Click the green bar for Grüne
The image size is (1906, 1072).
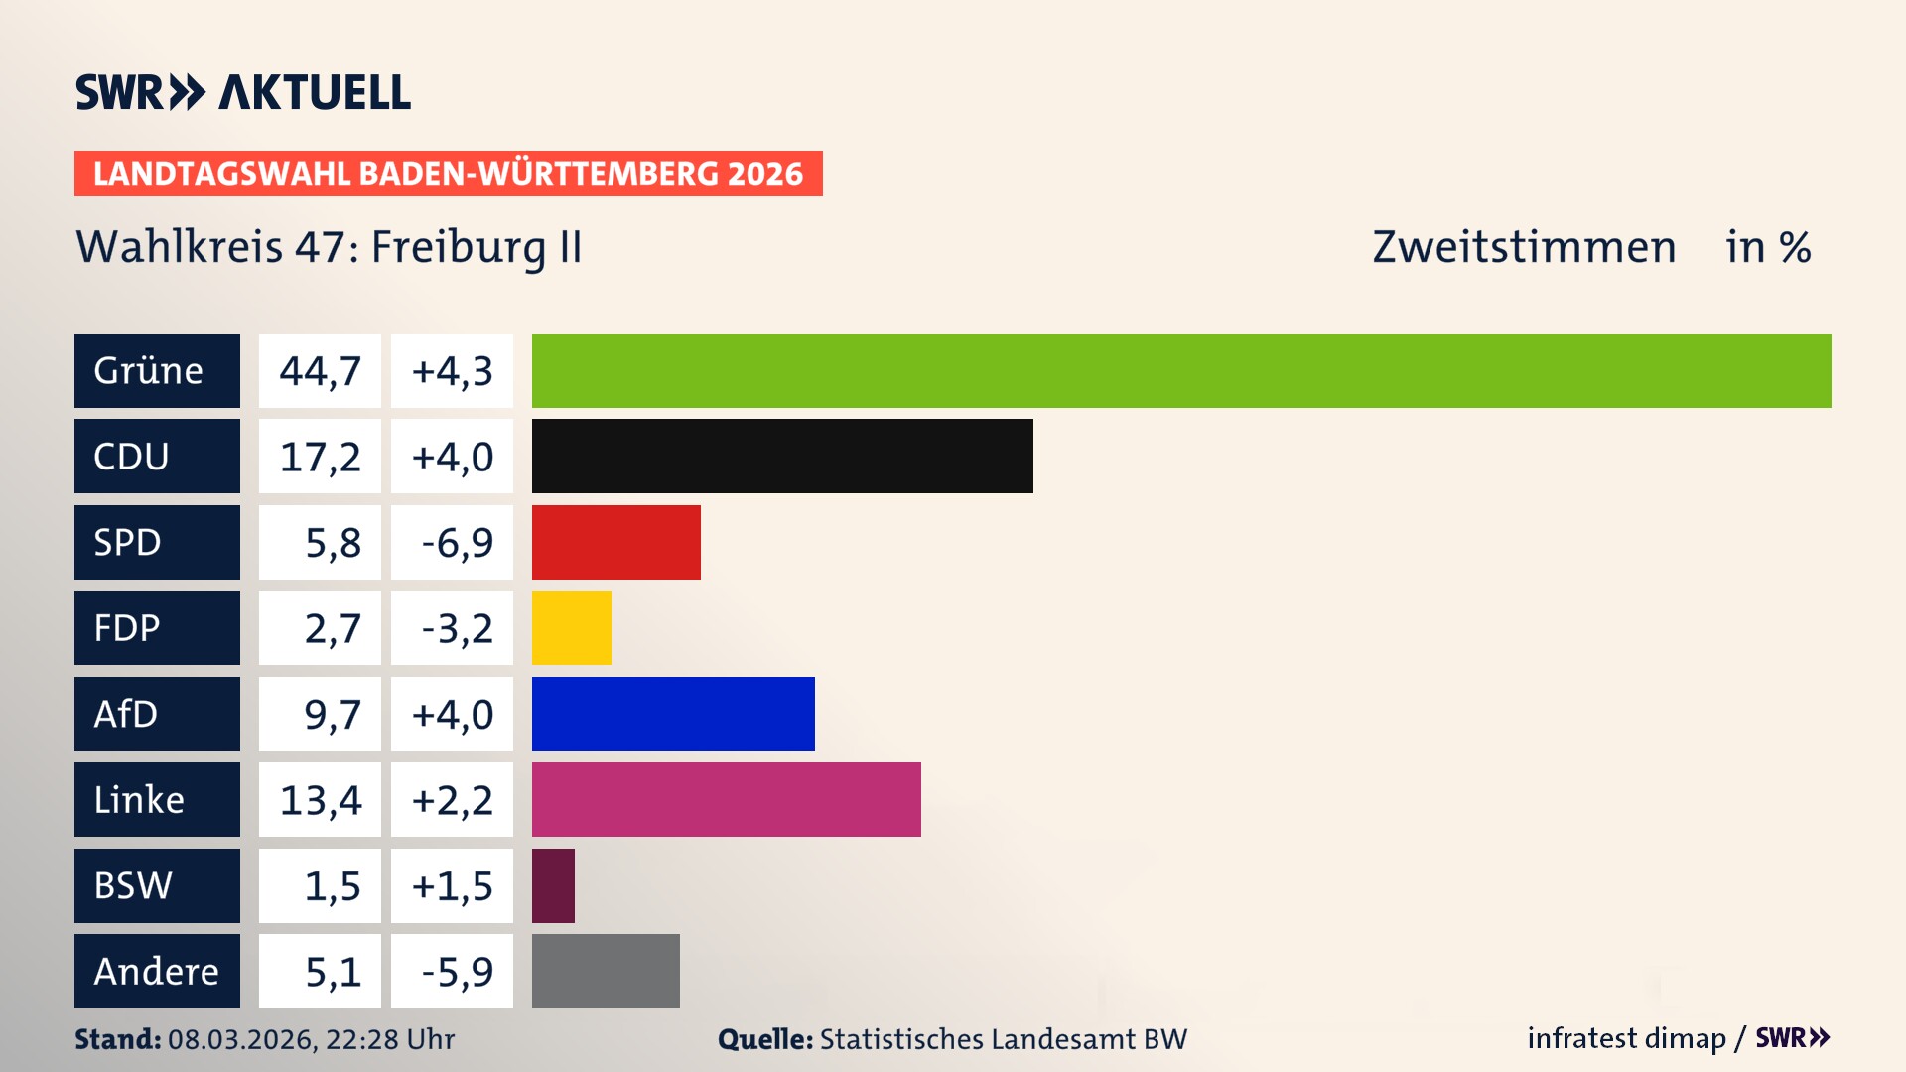click(1181, 370)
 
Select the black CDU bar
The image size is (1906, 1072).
click(782, 456)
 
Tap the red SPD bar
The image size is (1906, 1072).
click(615, 542)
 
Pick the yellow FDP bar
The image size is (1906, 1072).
click(571, 627)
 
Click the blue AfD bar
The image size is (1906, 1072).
click(673, 714)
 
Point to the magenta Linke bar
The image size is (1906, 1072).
click(726, 799)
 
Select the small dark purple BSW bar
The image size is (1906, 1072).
click(553, 885)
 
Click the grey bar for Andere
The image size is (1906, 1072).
click(606, 971)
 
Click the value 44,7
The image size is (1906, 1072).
click(320, 370)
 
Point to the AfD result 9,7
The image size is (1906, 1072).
click(332, 714)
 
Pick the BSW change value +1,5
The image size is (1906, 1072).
click(453, 885)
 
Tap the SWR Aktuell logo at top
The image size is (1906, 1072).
click(243, 92)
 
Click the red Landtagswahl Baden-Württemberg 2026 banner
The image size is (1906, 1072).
click(448, 173)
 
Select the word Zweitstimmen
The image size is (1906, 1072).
click(1524, 247)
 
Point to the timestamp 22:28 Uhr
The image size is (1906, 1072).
click(389, 1039)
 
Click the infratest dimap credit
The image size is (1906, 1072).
click(1626, 1038)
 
